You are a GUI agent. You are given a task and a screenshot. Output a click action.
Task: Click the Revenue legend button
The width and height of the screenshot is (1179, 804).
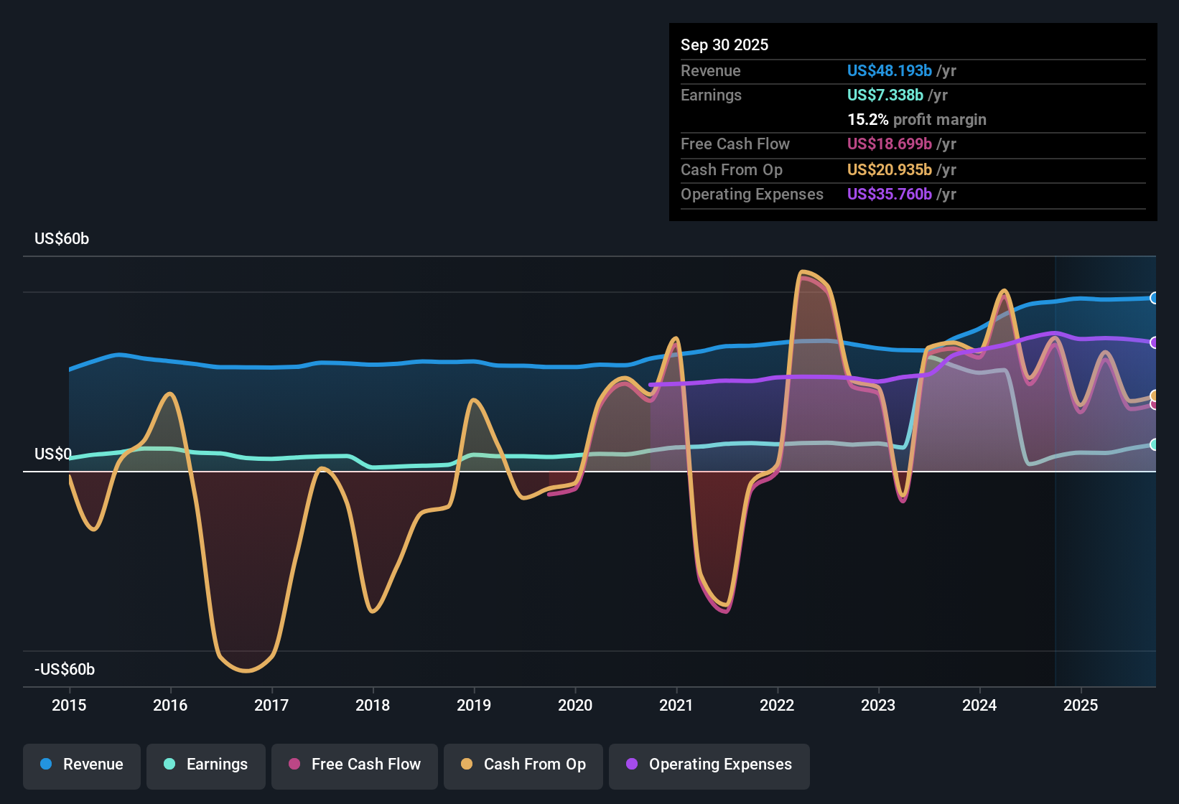click(82, 765)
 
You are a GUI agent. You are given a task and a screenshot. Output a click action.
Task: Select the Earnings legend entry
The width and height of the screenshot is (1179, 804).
click(206, 765)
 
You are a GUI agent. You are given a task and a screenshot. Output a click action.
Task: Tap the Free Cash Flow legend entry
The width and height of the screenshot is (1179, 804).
click(355, 765)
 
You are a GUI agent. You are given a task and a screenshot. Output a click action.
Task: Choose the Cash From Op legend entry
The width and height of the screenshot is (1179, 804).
click(523, 765)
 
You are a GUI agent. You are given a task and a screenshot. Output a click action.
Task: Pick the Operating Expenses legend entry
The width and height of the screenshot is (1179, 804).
click(709, 765)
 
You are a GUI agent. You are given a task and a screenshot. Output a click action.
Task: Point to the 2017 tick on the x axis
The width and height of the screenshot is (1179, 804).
click(271, 705)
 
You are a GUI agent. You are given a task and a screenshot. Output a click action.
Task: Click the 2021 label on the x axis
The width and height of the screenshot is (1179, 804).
click(676, 705)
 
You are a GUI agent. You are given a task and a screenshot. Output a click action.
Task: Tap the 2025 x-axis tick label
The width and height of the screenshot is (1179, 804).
click(1081, 705)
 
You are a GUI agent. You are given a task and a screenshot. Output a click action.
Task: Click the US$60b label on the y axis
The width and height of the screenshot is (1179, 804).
click(62, 239)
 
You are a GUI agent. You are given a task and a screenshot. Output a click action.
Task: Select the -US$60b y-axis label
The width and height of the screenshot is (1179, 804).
click(65, 670)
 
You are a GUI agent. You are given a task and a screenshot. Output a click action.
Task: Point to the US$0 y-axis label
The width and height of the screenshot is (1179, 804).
click(53, 454)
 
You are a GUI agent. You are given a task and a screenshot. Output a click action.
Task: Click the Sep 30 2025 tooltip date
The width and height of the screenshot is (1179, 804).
click(724, 45)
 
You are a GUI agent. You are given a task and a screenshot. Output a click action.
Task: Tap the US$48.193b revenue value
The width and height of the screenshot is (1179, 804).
click(889, 71)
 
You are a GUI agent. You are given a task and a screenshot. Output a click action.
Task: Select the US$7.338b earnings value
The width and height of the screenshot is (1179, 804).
click(885, 95)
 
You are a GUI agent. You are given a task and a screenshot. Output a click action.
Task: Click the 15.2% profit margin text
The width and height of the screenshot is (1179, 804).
click(916, 120)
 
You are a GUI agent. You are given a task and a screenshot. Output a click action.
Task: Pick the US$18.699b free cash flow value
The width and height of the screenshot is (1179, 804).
click(889, 144)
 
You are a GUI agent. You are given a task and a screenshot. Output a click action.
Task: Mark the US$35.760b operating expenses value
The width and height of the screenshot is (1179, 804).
click(889, 195)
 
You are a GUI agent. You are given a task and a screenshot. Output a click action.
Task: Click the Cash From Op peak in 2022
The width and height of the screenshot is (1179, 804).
click(803, 271)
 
